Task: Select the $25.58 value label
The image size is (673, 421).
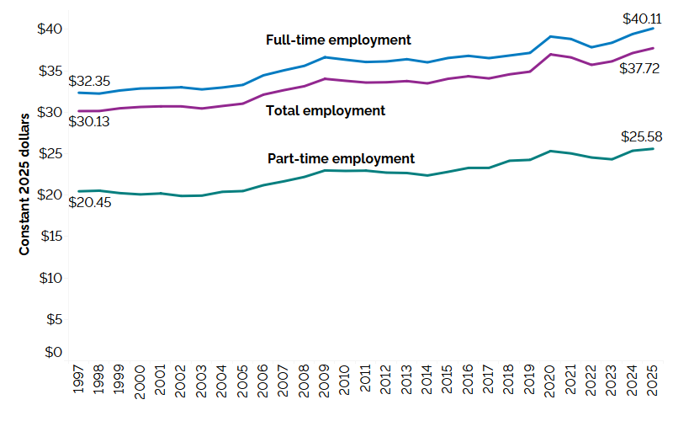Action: click(639, 136)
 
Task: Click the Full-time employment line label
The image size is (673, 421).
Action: click(337, 40)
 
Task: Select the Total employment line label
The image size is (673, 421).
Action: click(325, 110)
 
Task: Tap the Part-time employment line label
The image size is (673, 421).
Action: click(341, 158)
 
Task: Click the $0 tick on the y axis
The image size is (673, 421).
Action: click(53, 352)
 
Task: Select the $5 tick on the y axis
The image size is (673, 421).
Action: click(53, 319)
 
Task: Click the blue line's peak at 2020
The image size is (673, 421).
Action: click(550, 36)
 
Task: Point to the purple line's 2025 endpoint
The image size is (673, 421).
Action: click(653, 48)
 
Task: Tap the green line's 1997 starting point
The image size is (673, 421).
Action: click(78, 191)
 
